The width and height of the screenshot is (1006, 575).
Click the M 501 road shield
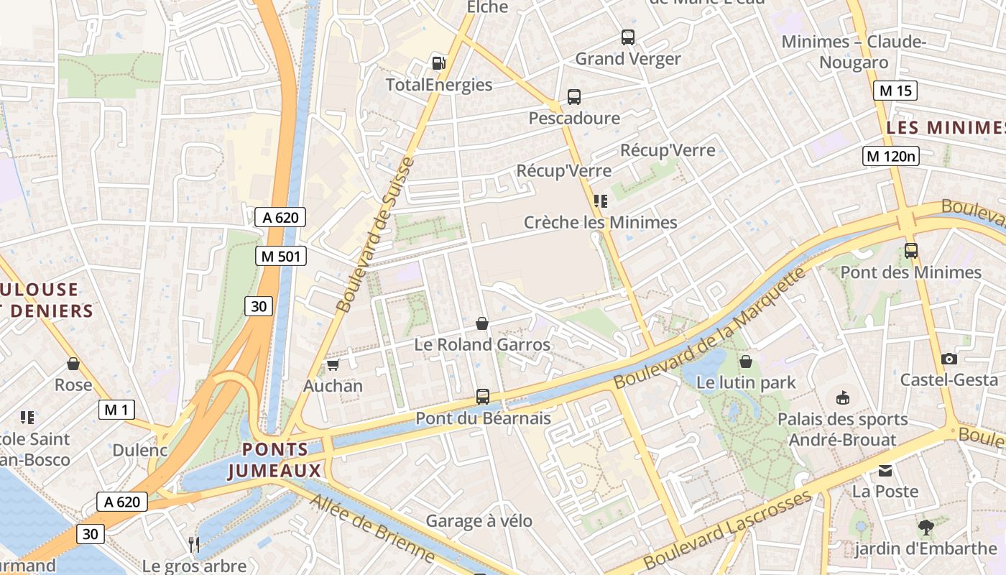coord(281,256)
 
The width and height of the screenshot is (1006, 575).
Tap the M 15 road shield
coord(895,91)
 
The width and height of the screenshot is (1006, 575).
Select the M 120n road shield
coord(891,155)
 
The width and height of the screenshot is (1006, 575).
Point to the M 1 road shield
coord(116,410)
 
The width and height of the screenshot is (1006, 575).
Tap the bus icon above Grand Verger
coord(628,37)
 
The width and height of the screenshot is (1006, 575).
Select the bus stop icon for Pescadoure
coord(573,96)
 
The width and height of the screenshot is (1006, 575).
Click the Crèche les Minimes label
coord(600,222)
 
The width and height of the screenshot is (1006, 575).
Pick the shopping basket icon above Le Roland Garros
coord(482,323)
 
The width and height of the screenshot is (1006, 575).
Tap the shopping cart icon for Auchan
coord(333,365)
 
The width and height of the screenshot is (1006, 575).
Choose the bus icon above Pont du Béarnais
coord(483,397)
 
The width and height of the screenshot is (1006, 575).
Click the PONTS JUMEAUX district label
coord(275,460)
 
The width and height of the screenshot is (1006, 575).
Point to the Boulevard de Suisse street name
coord(376,234)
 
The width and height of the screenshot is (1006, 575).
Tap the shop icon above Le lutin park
coord(746,361)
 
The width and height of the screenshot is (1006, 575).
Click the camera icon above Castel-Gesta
coord(949,359)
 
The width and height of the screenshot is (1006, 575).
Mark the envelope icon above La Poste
coord(885,471)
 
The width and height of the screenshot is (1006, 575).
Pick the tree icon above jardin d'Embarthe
coord(926,528)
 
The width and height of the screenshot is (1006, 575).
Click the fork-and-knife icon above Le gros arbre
coord(194,545)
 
